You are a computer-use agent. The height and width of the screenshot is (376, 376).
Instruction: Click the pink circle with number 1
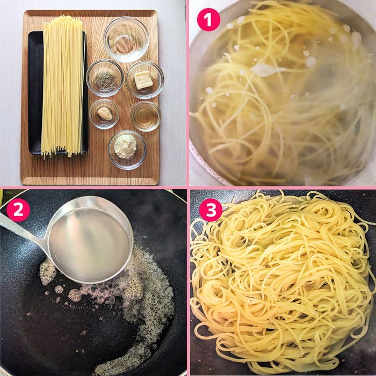[x=208, y=20]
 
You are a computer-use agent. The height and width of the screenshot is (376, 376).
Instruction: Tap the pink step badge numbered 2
[x=18, y=210]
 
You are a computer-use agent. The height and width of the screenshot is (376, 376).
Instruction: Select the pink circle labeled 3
[x=211, y=210]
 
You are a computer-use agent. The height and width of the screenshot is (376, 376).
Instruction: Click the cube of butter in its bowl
[x=143, y=80]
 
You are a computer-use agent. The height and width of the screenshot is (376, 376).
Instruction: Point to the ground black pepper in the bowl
[x=105, y=80]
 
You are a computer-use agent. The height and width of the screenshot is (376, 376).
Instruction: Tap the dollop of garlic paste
[x=104, y=113]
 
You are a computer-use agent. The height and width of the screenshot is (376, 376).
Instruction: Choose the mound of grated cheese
[x=126, y=147]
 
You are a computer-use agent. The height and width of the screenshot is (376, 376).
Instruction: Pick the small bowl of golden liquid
[x=146, y=115]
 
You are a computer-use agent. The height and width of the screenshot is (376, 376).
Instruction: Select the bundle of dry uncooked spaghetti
[x=62, y=86]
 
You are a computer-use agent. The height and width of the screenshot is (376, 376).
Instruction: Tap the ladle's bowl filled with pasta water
[x=89, y=244]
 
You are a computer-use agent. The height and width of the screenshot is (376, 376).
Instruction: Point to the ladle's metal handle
[x=21, y=232]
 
